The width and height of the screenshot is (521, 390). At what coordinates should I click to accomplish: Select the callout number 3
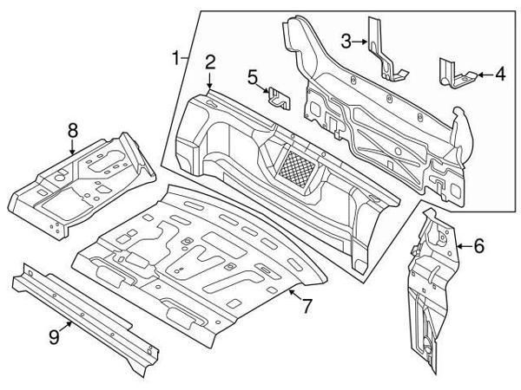(x=346, y=40)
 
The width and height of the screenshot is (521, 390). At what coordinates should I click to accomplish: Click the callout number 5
(x=252, y=78)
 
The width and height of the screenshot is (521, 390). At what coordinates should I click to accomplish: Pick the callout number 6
(x=478, y=247)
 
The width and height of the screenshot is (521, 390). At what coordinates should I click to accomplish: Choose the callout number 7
(x=305, y=307)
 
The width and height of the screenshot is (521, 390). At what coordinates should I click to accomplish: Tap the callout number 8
(x=73, y=130)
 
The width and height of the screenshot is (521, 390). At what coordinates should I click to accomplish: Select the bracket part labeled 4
(x=453, y=73)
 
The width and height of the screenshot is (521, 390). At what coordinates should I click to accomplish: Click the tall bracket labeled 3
(x=382, y=52)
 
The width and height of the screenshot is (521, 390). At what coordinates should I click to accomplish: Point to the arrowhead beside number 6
(x=459, y=247)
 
